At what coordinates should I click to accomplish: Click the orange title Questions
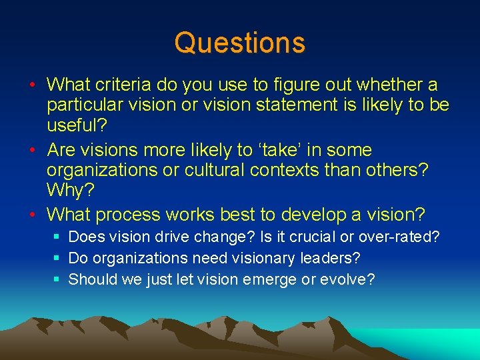pos(239,43)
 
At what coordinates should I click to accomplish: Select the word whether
pos(389,85)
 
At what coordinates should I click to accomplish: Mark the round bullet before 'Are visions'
pos(32,150)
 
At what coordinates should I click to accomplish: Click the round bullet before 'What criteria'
pos(32,85)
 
